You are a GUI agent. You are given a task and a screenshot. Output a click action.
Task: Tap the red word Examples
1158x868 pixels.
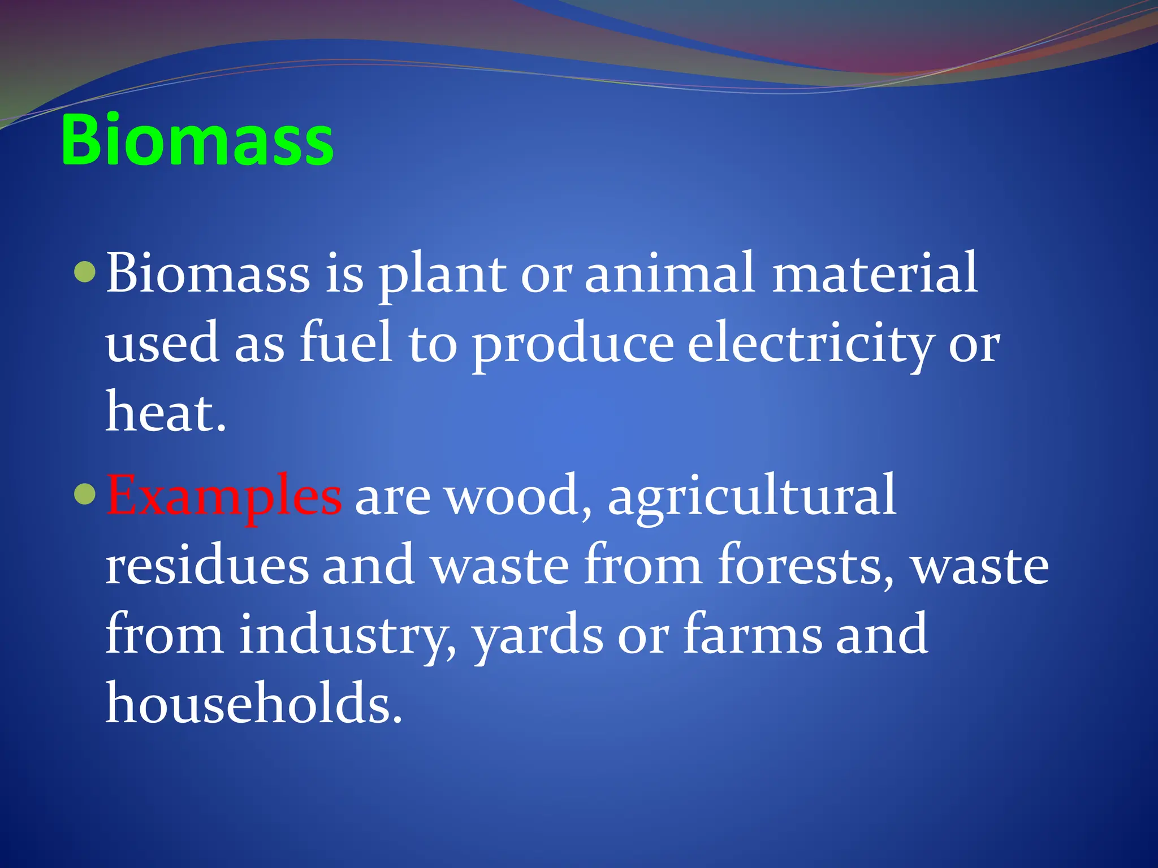[x=224, y=496]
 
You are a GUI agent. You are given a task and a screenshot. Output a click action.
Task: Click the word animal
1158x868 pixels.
[x=669, y=274]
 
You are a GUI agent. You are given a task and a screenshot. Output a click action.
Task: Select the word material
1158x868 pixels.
[x=875, y=274]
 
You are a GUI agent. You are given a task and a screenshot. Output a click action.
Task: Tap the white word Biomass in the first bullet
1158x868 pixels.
[x=208, y=274]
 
